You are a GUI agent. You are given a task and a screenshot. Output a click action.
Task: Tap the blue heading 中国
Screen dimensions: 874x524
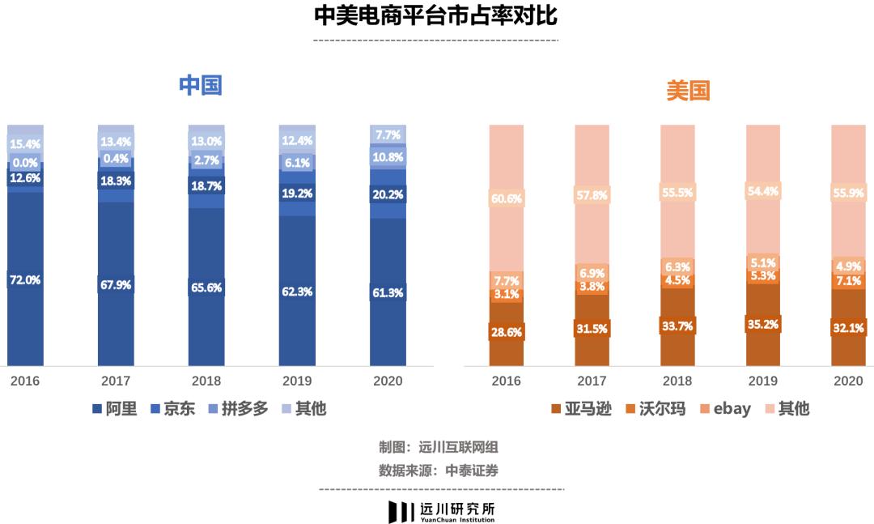pos(201,86)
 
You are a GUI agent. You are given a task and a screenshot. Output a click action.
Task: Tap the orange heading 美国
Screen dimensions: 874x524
pos(688,92)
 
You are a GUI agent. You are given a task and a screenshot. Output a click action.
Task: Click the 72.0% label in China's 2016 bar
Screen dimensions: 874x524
pos(25,280)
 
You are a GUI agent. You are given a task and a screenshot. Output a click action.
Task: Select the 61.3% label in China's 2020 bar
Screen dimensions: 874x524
pos(388,293)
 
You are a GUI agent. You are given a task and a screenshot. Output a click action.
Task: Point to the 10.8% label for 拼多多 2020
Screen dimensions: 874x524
pos(388,157)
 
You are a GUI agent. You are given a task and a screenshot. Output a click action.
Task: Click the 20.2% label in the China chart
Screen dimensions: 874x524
pos(388,194)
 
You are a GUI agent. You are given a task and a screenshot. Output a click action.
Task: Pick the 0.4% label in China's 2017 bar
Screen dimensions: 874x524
pos(116,159)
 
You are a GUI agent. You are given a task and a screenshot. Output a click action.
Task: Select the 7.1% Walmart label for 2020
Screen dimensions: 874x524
pos(848,281)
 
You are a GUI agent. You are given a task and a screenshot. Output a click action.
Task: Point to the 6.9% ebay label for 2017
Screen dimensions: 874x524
pos(592,273)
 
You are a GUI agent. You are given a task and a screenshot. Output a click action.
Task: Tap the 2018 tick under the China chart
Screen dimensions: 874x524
pos(206,381)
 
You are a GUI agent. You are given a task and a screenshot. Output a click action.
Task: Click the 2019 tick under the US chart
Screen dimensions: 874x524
pos(763,381)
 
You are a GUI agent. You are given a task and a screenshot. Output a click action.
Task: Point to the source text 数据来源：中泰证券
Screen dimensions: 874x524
pos(437,471)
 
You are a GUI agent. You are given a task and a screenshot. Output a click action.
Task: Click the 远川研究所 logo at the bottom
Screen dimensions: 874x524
pos(442,511)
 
